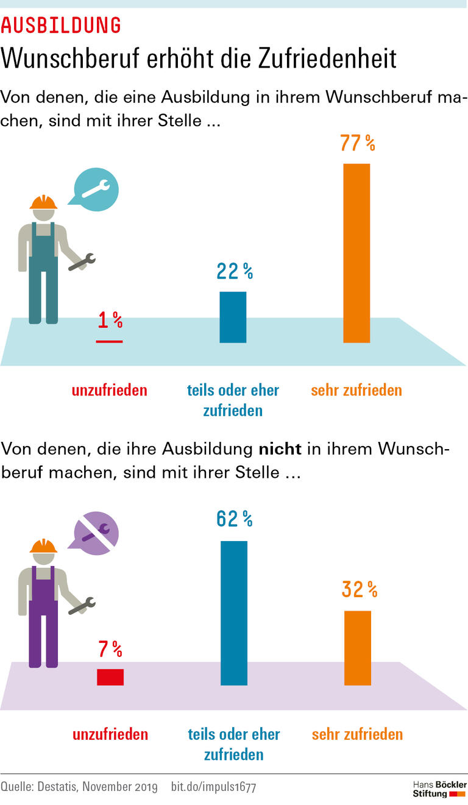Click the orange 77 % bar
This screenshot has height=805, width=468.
(356, 253)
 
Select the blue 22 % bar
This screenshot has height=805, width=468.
(233, 317)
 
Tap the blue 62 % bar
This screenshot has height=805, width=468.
(234, 612)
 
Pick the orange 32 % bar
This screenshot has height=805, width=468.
(358, 647)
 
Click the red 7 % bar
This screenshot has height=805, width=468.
(110, 677)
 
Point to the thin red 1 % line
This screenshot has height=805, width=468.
(109, 341)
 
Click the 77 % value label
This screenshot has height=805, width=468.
(357, 143)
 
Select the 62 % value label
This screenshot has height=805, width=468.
(234, 519)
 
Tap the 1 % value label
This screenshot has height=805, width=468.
(110, 320)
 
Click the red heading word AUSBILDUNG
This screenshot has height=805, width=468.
(61, 25)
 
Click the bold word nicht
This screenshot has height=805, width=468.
(280, 449)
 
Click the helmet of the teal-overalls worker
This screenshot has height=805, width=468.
(43, 202)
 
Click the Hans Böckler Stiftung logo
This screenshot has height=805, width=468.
(439, 789)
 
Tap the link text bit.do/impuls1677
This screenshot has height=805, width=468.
(213, 787)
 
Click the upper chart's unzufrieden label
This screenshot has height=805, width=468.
(110, 390)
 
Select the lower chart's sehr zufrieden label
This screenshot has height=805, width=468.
(357, 734)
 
